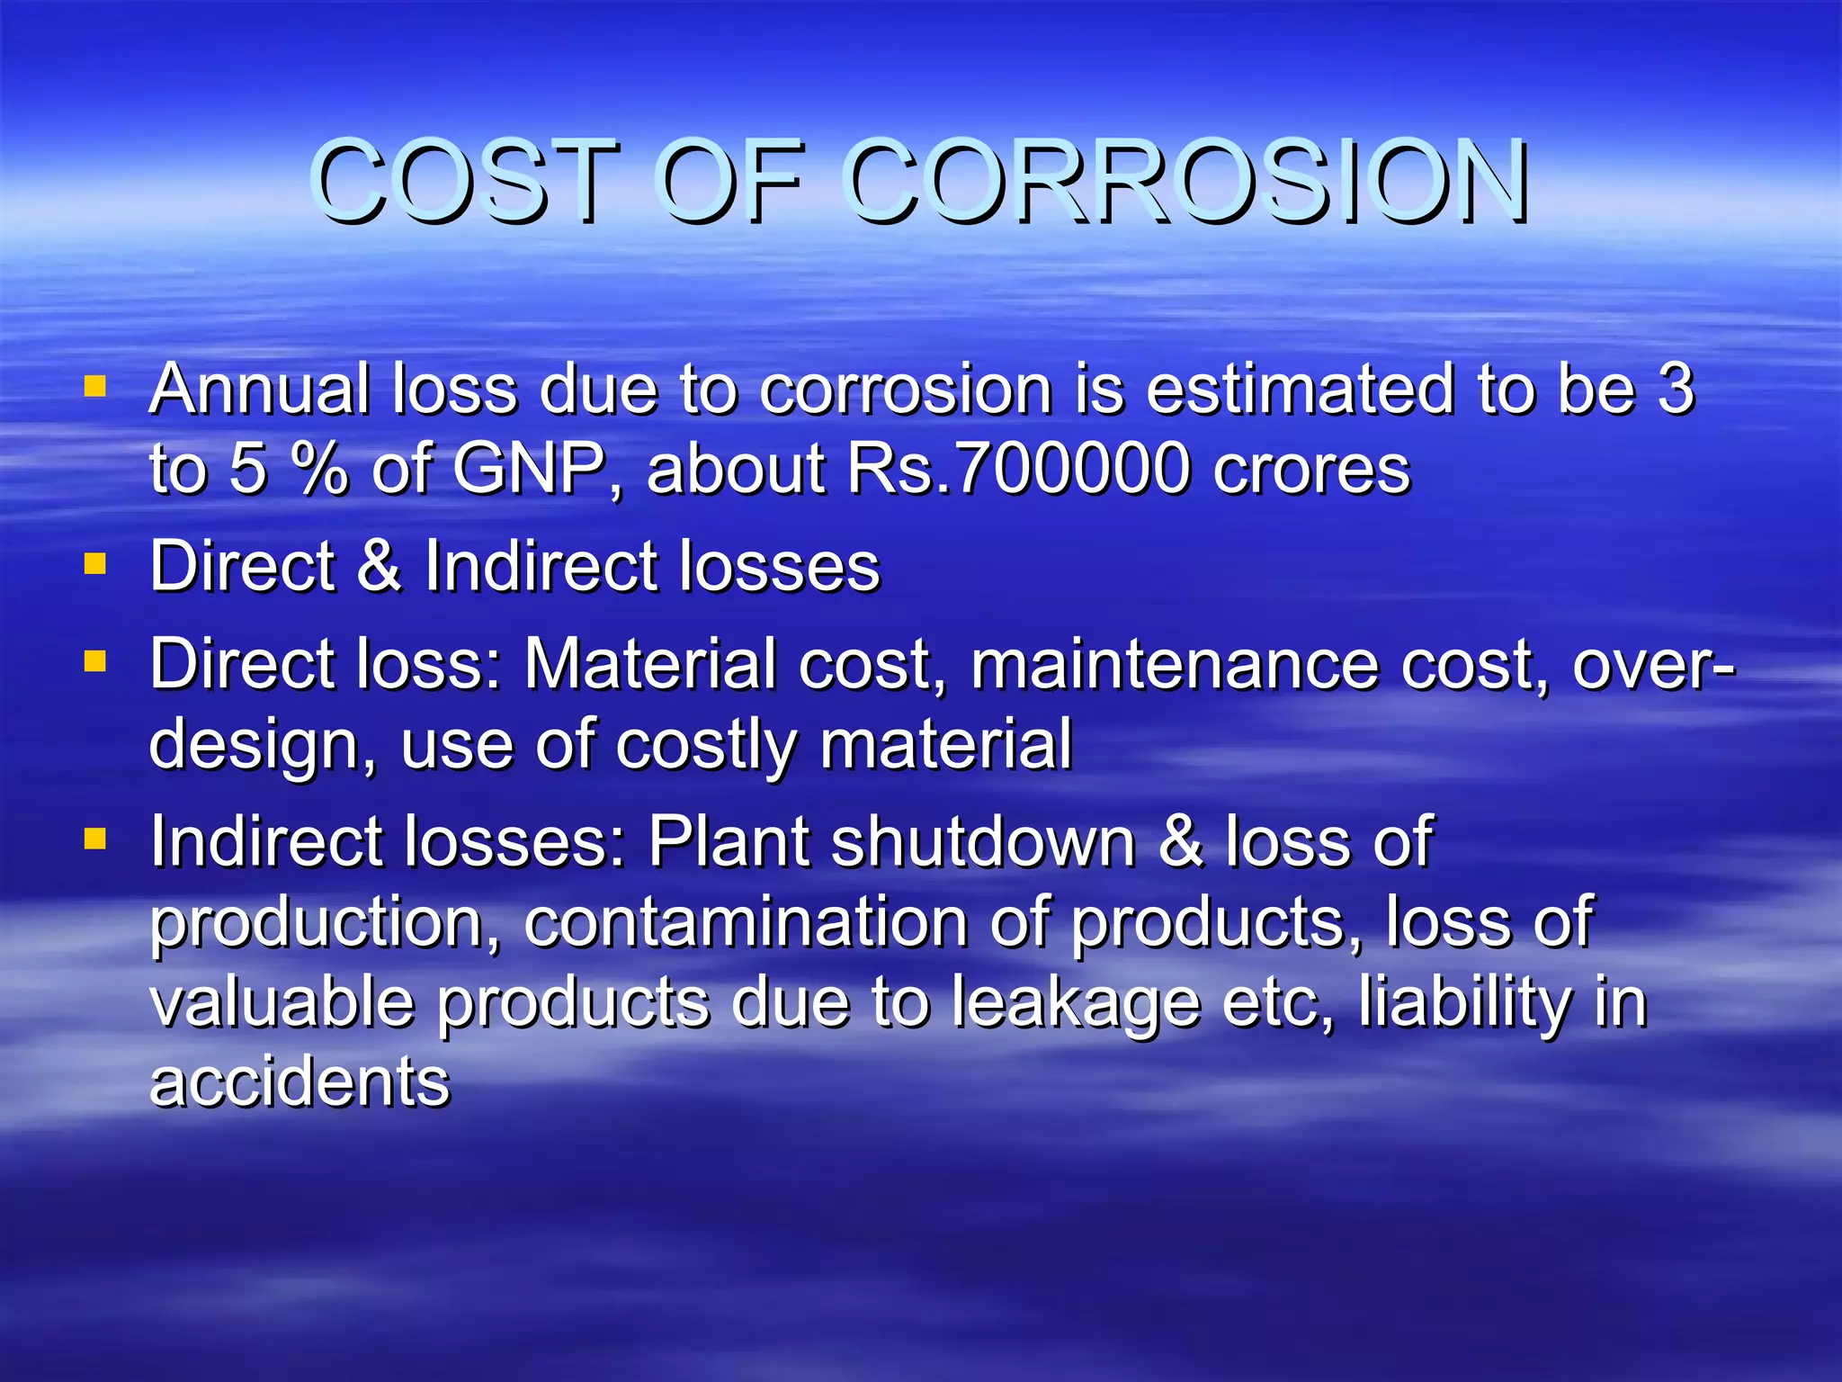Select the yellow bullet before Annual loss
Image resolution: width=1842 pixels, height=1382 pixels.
point(94,387)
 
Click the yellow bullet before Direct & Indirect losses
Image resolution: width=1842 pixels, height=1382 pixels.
point(94,564)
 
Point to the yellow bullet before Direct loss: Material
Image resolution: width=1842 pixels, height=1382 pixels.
point(94,662)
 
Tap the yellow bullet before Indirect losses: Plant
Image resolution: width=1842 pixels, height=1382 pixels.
point(94,839)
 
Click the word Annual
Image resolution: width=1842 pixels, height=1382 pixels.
point(260,390)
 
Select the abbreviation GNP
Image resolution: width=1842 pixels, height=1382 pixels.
point(528,469)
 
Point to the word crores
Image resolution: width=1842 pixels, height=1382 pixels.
point(1311,469)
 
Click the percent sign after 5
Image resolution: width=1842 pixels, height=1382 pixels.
point(319,469)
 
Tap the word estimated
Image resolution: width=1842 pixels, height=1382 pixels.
point(1300,390)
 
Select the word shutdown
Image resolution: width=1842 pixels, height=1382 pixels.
point(983,842)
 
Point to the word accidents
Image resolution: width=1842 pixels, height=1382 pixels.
point(300,1081)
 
